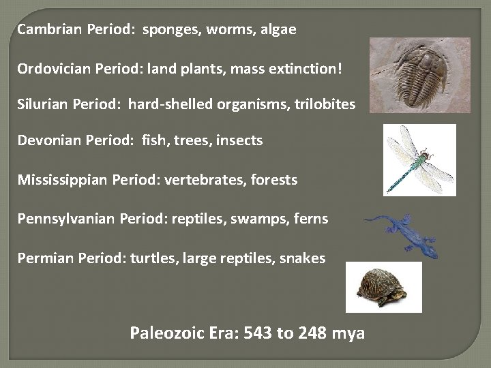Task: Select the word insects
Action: (239, 141)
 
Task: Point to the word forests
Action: (273, 180)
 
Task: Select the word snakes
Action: (301, 258)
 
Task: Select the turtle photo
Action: (383, 286)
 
